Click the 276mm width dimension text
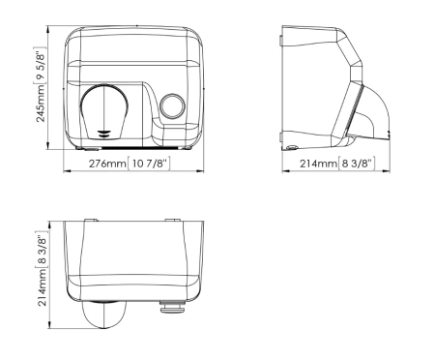coord(107,164)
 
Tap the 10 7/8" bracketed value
coord(149,164)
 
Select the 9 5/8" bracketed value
coord(40,66)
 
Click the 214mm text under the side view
coord(318,164)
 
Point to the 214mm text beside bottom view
coord(43,287)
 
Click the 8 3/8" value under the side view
coord(357,164)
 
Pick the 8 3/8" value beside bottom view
coord(42,250)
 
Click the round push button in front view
coord(173,105)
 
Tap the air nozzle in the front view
coord(104,111)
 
